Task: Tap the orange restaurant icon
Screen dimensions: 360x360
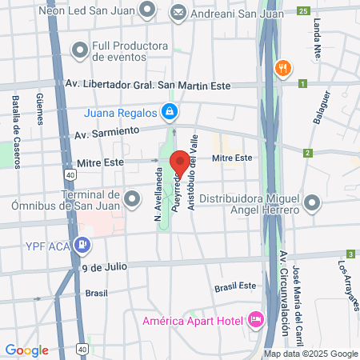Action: pos(281,68)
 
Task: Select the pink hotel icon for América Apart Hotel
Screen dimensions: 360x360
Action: pos(256,322)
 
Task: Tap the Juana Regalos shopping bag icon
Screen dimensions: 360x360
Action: pos(168,112)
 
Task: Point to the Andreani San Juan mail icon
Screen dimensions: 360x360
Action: pos(177,12)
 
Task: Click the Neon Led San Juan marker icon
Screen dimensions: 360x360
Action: pos(146,10)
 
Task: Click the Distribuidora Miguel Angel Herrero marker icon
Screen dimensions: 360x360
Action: pos(312,204)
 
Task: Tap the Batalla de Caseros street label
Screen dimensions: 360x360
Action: pos(15,116)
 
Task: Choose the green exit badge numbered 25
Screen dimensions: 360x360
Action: pos(302,10)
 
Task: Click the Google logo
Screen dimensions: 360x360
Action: pos(26,350)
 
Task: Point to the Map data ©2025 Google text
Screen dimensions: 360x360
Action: pos(311,354)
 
